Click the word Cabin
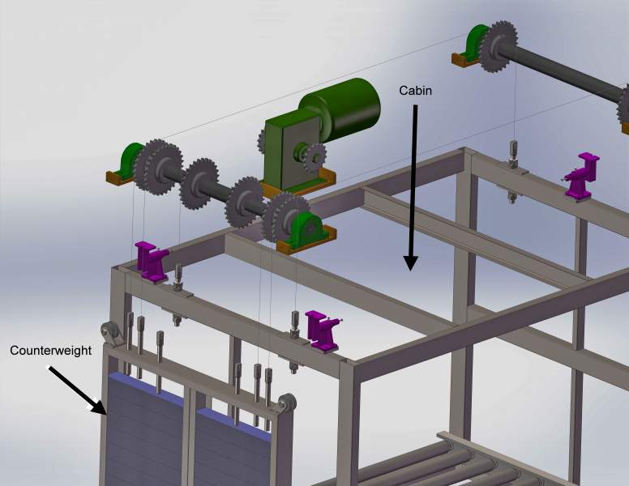click(x=415, y=91)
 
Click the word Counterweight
click(x=50, y=351)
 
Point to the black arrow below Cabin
click(x=412, y=188)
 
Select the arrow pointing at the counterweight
click(x=77, y=390)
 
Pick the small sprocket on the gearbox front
click(x=315, y=157)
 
